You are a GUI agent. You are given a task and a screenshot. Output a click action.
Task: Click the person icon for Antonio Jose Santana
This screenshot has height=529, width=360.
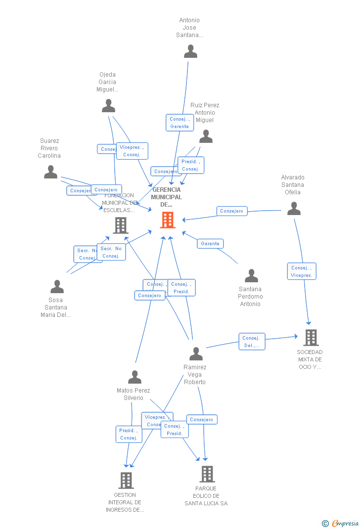pos(190,51)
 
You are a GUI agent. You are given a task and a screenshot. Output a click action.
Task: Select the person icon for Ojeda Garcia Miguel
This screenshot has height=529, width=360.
pos(108,106)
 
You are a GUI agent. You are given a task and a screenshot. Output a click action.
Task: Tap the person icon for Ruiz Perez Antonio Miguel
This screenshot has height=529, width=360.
pos(206,136)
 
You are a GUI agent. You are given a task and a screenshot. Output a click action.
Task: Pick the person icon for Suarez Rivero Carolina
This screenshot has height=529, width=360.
pos(50,172)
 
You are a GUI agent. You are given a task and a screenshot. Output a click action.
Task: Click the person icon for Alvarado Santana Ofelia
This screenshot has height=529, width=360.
pos(294,209)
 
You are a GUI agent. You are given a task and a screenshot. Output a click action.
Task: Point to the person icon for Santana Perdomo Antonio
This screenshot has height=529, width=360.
pos(251,276)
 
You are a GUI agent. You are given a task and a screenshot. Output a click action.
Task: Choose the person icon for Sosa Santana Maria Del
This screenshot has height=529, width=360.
pos(57,287)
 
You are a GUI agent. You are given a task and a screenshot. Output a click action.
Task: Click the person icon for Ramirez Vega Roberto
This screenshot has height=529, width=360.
pos(196,354)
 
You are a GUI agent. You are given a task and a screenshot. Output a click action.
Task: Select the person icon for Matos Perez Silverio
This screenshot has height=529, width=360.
pos(135,377)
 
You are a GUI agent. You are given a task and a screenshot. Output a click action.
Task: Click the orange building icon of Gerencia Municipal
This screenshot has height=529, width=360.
pos(168,220)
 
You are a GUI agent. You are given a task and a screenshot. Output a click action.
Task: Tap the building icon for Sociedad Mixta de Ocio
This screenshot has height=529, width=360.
pos(311,338)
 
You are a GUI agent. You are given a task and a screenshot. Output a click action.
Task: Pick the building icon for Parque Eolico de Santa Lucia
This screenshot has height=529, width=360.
pos(207,474)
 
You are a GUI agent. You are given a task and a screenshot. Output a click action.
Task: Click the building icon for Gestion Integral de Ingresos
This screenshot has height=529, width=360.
pos(126,480)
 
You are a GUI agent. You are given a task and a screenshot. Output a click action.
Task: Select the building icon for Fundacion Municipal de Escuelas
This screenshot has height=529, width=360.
pos(121,225)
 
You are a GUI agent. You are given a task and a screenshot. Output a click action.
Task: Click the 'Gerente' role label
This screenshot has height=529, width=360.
pos(210,244)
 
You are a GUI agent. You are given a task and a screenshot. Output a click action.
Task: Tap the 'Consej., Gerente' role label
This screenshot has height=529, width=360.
pos(180,123)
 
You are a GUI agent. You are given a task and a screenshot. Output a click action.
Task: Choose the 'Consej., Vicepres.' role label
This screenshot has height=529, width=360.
pos(301,271)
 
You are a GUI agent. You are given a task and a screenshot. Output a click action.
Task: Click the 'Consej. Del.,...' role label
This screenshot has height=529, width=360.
pos(252,342)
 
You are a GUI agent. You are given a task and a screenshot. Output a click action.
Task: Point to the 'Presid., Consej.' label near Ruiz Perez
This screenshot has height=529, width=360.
pos(190,165)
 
